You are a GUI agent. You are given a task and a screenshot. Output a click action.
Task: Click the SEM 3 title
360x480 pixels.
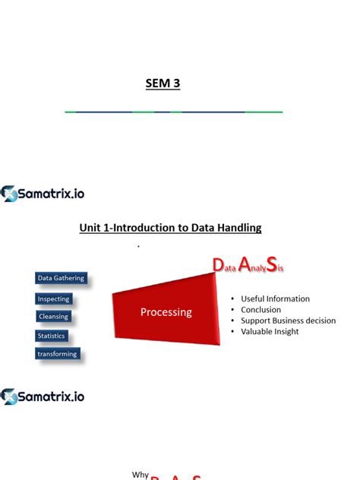pyautogui.click(x=163, y=84)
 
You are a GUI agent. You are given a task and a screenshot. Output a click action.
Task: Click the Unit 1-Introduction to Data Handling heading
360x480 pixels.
pyautogui.click(x=170, y=227)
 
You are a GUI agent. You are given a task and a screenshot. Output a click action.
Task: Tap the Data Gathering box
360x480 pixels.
pyautogui.click(x=61, y=279)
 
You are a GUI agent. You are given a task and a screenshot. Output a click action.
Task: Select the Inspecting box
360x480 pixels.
pyautogui.click(x=53, y=298)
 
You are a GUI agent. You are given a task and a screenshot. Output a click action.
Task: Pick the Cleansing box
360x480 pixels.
pyautogui.click(x=53, y=317)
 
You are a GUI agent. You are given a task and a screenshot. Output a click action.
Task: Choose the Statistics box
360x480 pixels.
pyautogui.click(x=52, y=336)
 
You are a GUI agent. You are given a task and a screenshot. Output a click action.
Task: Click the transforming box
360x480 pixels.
pyautogui.click(x=57, y=354)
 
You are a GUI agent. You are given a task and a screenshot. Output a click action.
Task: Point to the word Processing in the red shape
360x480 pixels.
pyautogui.click(x=166, y=312)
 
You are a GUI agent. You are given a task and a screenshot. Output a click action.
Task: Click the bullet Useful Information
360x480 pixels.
pyautogui.click(x=275, y=298)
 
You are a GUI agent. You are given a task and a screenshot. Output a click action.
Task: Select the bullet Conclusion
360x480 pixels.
pyautogui.click(x=261, y=310)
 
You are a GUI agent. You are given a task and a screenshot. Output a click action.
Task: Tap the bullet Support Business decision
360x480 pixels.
pyautogui.click(x=288, y=321)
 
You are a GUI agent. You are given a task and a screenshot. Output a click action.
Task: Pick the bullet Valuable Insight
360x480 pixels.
pyautogui.click(x=270, y=331)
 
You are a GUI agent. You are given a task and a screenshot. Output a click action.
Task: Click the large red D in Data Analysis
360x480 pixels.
pyautogui.click(x=217, y=266)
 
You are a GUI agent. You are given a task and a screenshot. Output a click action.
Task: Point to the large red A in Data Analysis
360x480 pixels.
pyautogui.click(x=245, y=265)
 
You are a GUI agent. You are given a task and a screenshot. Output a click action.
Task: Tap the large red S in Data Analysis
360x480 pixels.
pyautogui.click(x=272, y=265)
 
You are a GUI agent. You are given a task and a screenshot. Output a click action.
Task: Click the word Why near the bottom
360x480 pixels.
pyautogui.click(x=141, y=475)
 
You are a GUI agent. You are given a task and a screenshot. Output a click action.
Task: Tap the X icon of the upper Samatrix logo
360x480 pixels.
pyautogui.click(x=9, y=194)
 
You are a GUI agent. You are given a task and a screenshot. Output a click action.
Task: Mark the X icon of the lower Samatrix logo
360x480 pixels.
pyautogui.click(x=9, y=396)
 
